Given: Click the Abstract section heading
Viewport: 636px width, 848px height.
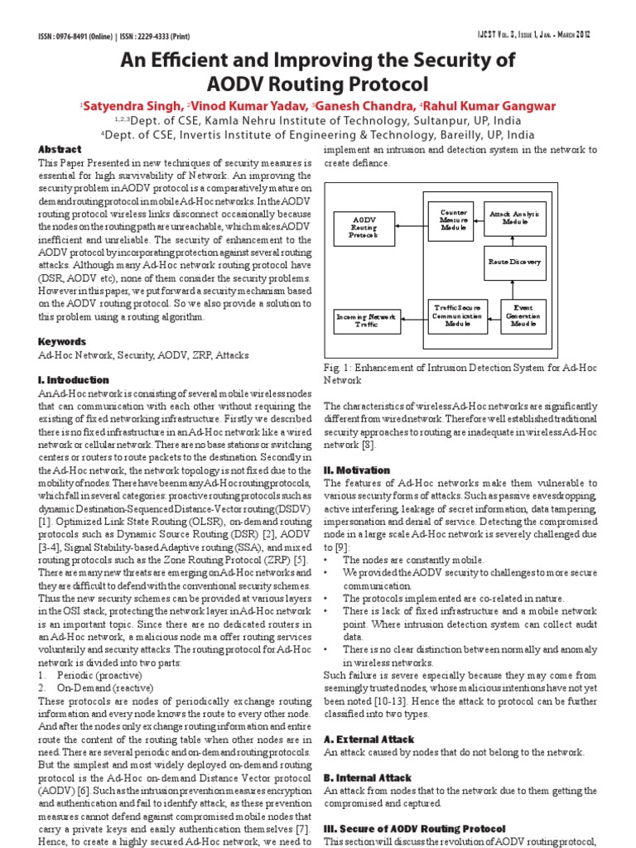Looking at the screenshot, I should point(61,149).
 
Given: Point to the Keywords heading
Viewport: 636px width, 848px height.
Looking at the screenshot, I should point(62,341).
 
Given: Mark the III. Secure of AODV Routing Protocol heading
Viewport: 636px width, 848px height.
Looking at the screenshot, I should point(414,829).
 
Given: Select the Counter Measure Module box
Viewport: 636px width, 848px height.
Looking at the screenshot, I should point(454,219).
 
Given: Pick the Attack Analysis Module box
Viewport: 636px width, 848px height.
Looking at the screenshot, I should point(514,219).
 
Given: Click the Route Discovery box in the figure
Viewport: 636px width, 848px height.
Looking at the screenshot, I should point(514,263).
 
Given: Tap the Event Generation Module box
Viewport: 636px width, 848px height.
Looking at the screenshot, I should point(523,316).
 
